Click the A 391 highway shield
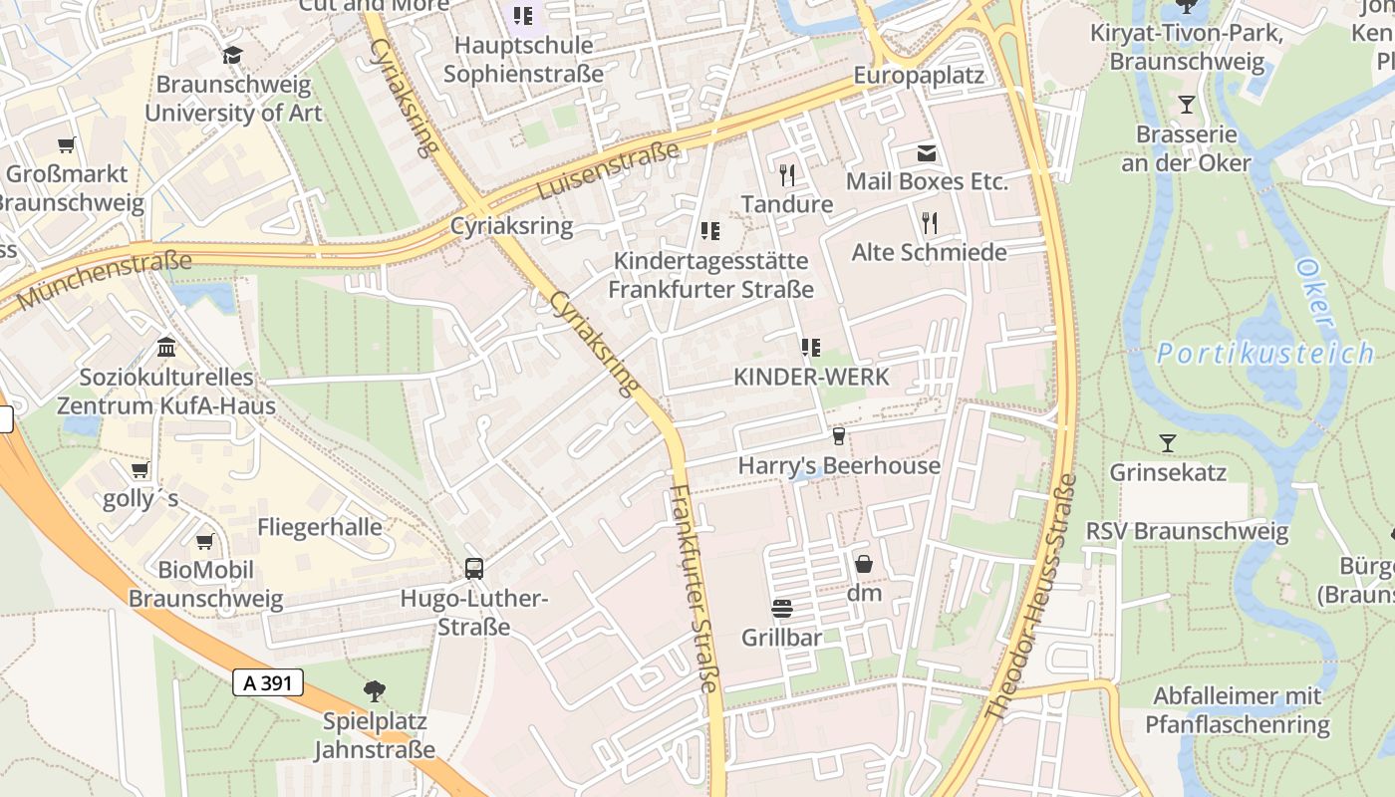tap(267, 682)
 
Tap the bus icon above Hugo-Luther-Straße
tap(474, 569)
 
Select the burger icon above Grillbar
tap(781, 608)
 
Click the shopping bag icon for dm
tap(864, 564)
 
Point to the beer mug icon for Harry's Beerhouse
tap(839, 436)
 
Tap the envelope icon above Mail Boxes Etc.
tap(927, 152)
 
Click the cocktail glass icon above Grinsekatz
tap(1168, 442)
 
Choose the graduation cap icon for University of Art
tap(233, 55)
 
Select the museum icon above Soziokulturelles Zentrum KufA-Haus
tap(166, 349)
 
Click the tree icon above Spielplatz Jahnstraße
tap(375, 690)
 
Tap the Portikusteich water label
tap(1265, 353)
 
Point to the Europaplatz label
tap(919, 76)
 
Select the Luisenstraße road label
tap(608, 169)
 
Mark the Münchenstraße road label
tap(104, 280)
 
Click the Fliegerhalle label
tap(320, 527)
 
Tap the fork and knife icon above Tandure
tap(787, 175)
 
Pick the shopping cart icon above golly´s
tap(140, 469)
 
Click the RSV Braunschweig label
tap(1187, 531)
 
